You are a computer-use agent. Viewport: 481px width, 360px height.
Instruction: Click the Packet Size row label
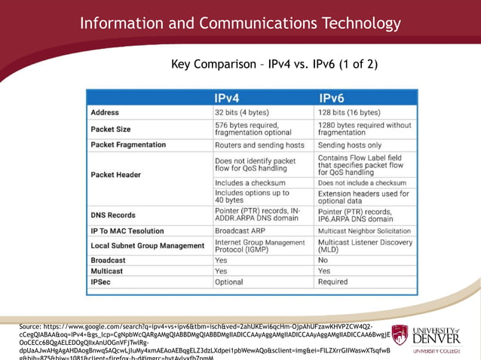click(x=111, y=129)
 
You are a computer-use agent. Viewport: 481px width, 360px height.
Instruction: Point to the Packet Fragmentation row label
click(x=128, y=145)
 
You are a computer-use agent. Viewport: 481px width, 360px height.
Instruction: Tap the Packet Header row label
click(x=115, y=175)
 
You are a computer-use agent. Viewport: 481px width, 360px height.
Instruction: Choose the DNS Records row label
click(x=113, y=215)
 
